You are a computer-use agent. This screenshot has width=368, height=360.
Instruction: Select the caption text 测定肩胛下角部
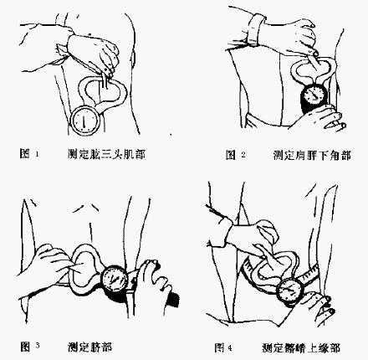308,156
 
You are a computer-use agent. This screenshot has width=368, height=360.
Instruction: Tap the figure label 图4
222,344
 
